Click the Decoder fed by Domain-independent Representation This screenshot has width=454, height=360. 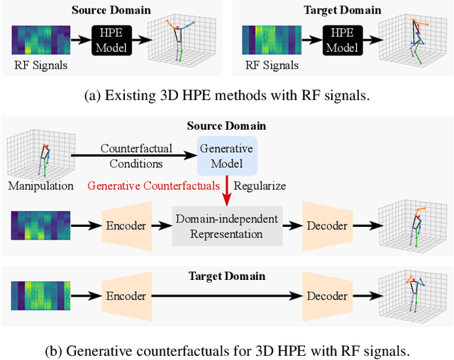click(x=327, y=226)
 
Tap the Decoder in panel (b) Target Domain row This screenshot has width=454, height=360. click(x=327, y=296)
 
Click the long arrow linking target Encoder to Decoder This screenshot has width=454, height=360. click(x=228, y=296)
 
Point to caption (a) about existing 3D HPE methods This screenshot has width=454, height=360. click(x=227, y=96)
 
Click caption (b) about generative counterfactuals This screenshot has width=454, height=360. click(x=227, y=349)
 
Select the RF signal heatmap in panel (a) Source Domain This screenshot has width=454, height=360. click(x=41, y=39)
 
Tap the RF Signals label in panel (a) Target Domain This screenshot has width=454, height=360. click(x=271, y=66)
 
